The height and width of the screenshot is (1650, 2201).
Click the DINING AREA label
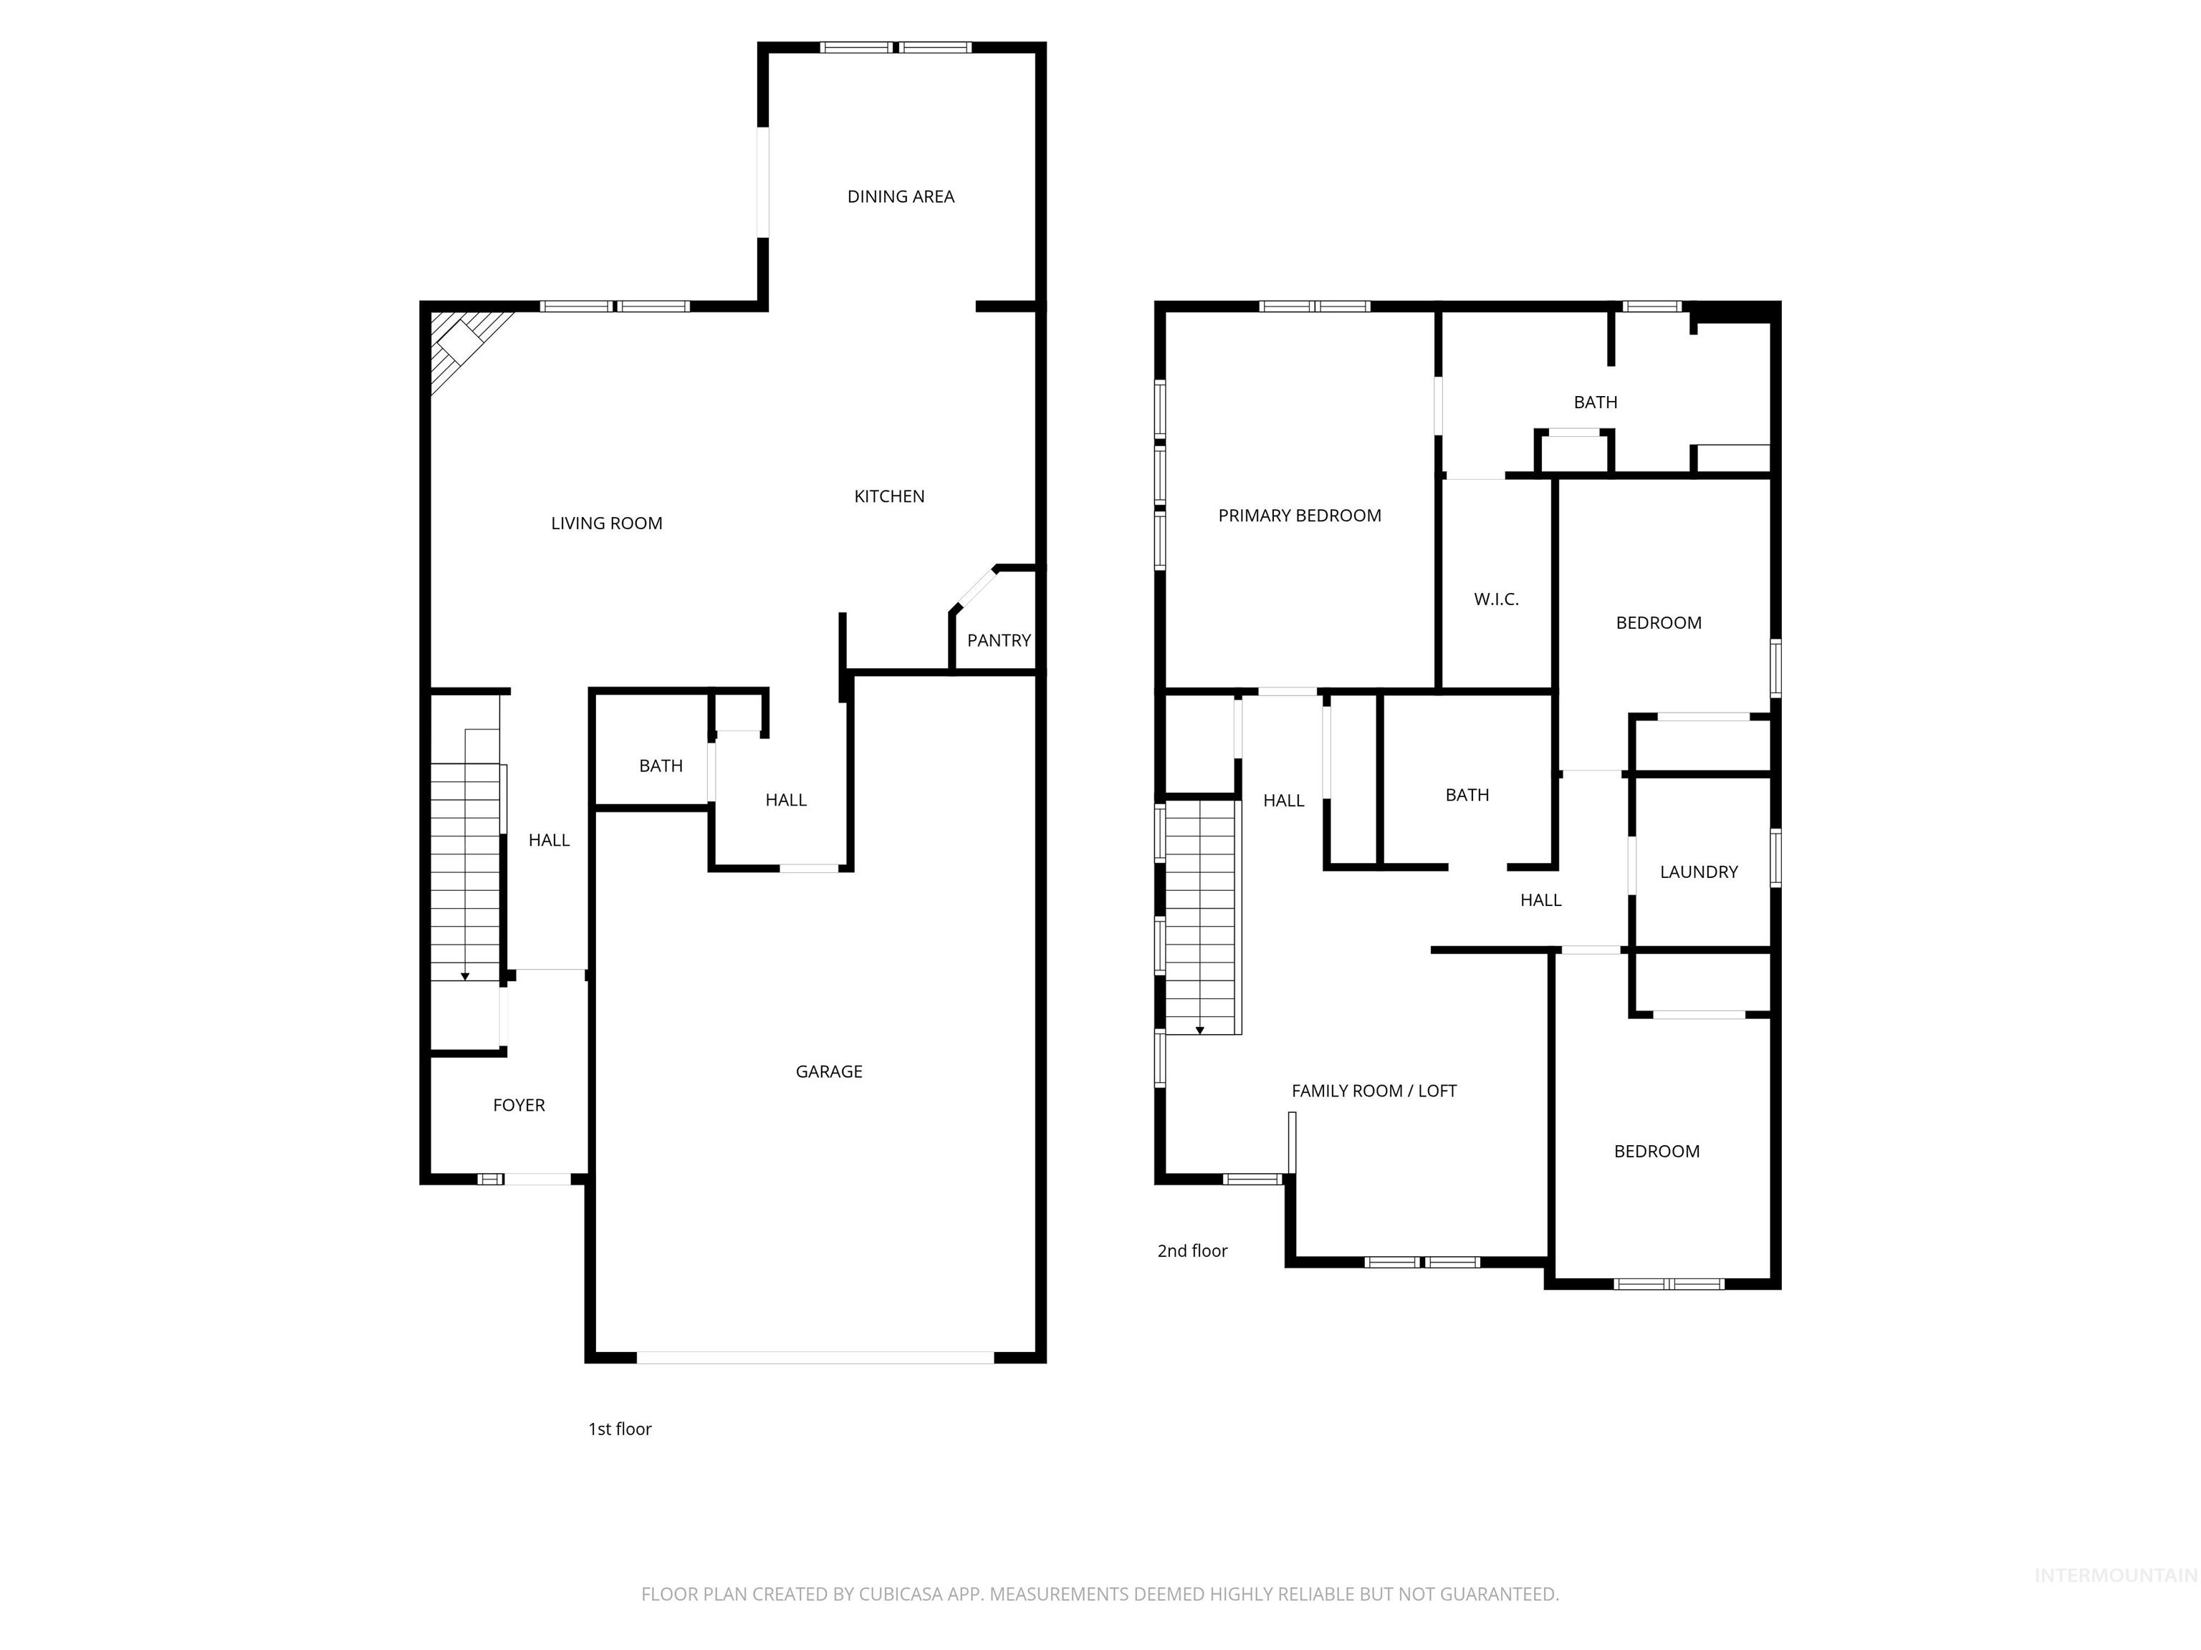point(901,197)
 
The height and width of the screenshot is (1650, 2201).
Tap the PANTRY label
point(998,640)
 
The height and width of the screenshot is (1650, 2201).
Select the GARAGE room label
point(829,1071)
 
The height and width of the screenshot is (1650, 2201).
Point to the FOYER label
point(519,1105)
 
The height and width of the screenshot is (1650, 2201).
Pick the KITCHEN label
point(888,496)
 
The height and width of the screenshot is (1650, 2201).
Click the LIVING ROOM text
point(606,524)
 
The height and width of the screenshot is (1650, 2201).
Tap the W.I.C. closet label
point(1495,599)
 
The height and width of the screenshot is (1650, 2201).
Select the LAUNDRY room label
point(1699,872)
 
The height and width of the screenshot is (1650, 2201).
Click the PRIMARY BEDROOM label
point(1300,515)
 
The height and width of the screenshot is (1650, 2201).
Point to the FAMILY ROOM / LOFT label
point(1373,1091)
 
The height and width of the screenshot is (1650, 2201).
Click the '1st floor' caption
point(619,1429)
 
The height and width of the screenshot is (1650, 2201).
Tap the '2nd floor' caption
point(1192,1251)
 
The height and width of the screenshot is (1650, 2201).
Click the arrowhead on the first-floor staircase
point(465,977)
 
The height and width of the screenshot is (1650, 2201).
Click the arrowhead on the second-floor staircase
point(1200,1031)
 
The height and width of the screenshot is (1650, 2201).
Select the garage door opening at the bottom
point(815,1356)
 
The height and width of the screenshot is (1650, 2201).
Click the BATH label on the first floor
point(661,766)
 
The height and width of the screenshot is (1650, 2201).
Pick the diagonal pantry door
point(976,588)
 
